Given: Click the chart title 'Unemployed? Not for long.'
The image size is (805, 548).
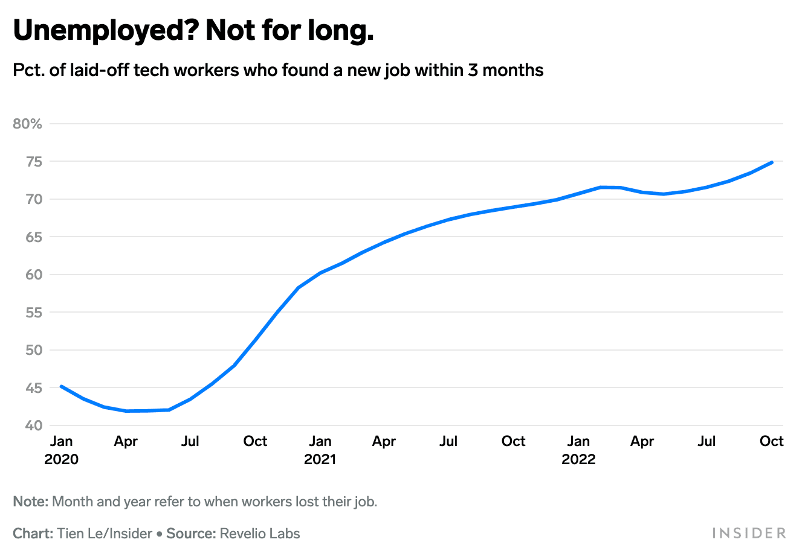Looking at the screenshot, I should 193,30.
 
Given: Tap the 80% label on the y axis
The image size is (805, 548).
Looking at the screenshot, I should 28,124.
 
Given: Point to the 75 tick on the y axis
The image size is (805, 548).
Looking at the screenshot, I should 34,162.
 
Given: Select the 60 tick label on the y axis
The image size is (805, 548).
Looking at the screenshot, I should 34,275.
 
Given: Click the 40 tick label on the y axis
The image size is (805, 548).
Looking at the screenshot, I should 34,425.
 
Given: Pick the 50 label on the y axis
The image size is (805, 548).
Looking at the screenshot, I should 34,350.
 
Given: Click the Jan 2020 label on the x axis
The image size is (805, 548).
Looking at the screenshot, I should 61,450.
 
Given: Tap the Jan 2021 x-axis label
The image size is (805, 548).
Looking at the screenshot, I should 320,450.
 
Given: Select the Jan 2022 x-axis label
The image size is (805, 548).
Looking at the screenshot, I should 578,450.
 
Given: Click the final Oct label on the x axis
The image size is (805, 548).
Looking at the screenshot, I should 771,441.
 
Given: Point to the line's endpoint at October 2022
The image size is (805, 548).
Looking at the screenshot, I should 772,162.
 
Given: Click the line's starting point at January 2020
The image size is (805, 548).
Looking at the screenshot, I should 62,386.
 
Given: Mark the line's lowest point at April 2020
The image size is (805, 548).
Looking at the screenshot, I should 126,411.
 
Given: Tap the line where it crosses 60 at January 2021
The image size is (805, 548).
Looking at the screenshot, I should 320,273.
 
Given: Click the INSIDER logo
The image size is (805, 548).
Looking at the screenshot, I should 749,533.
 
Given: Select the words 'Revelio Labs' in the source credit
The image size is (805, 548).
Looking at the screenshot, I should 260,534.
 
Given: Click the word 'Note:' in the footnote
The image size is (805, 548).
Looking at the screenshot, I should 30,502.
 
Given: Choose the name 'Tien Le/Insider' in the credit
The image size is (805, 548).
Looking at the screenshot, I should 105,534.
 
